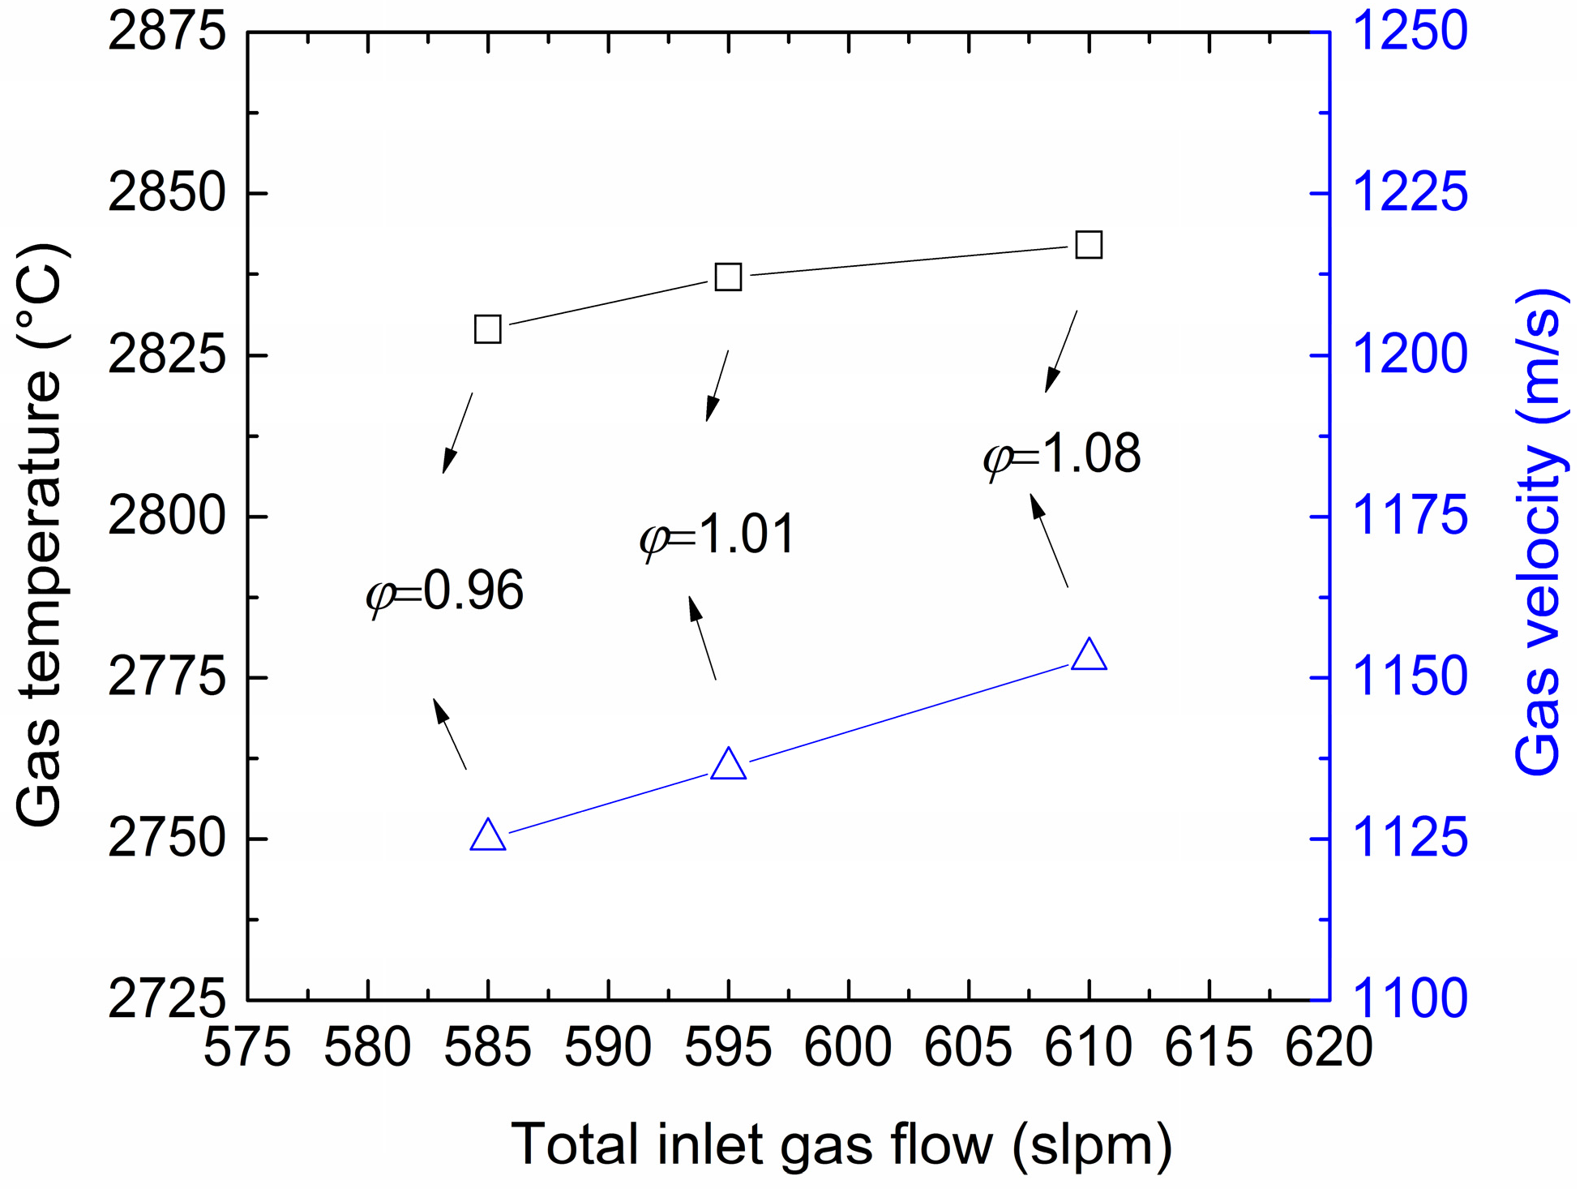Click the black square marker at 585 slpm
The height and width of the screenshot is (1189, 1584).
487,329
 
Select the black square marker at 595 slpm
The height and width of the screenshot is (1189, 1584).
728,277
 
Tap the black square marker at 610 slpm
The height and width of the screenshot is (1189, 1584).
1089,244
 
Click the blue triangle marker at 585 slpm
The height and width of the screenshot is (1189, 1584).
488,835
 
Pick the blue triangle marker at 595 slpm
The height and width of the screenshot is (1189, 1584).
728,765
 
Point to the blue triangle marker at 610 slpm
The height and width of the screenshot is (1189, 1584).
1089,655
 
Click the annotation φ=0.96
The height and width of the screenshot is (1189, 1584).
445,591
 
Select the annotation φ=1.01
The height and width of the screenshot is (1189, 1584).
718,535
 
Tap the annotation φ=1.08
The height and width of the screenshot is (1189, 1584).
1062,454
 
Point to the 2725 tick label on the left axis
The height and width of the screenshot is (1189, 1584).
166,999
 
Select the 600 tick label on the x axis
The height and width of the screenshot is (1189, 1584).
848,1048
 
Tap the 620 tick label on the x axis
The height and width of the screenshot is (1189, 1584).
1329,1048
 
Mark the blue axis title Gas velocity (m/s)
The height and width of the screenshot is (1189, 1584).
1538,531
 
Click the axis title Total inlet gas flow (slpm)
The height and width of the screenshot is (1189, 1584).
841,1144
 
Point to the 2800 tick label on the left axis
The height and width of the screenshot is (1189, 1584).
166,516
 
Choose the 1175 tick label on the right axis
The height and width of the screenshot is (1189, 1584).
1410,516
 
